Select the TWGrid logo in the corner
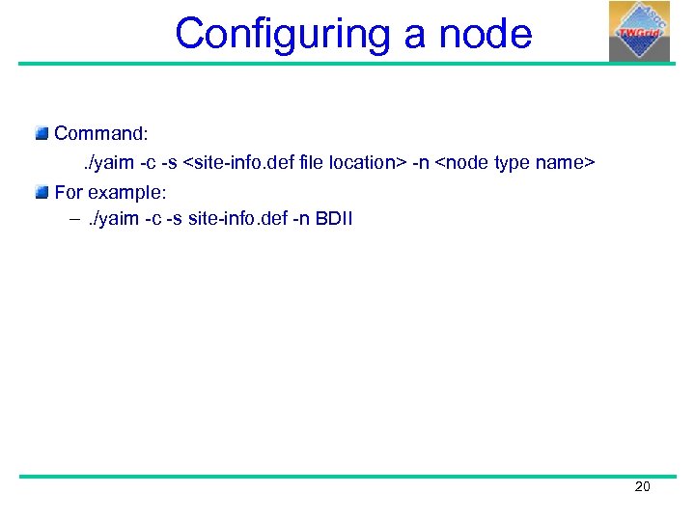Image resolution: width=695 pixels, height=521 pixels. [x=639, y=32]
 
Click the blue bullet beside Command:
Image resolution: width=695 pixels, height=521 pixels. [x=42, y=132]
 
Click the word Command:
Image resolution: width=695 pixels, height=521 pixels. [x=100, y=133]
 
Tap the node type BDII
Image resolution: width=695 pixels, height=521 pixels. [x=334, y=219]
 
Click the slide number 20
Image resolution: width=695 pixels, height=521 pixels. [x=642, y=487]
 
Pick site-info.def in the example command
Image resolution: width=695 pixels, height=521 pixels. [x=234, y=219]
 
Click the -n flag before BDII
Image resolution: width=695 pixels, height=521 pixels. [x=300, y=219]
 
